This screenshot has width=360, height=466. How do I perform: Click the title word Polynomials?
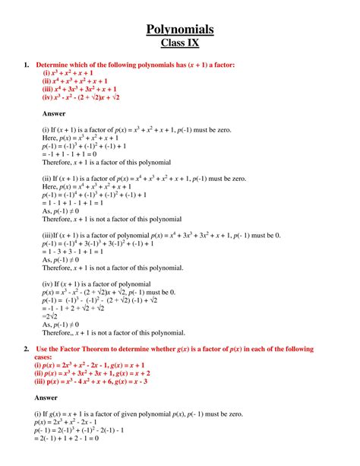point(180,30)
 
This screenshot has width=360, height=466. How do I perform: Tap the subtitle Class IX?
point(180,43)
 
